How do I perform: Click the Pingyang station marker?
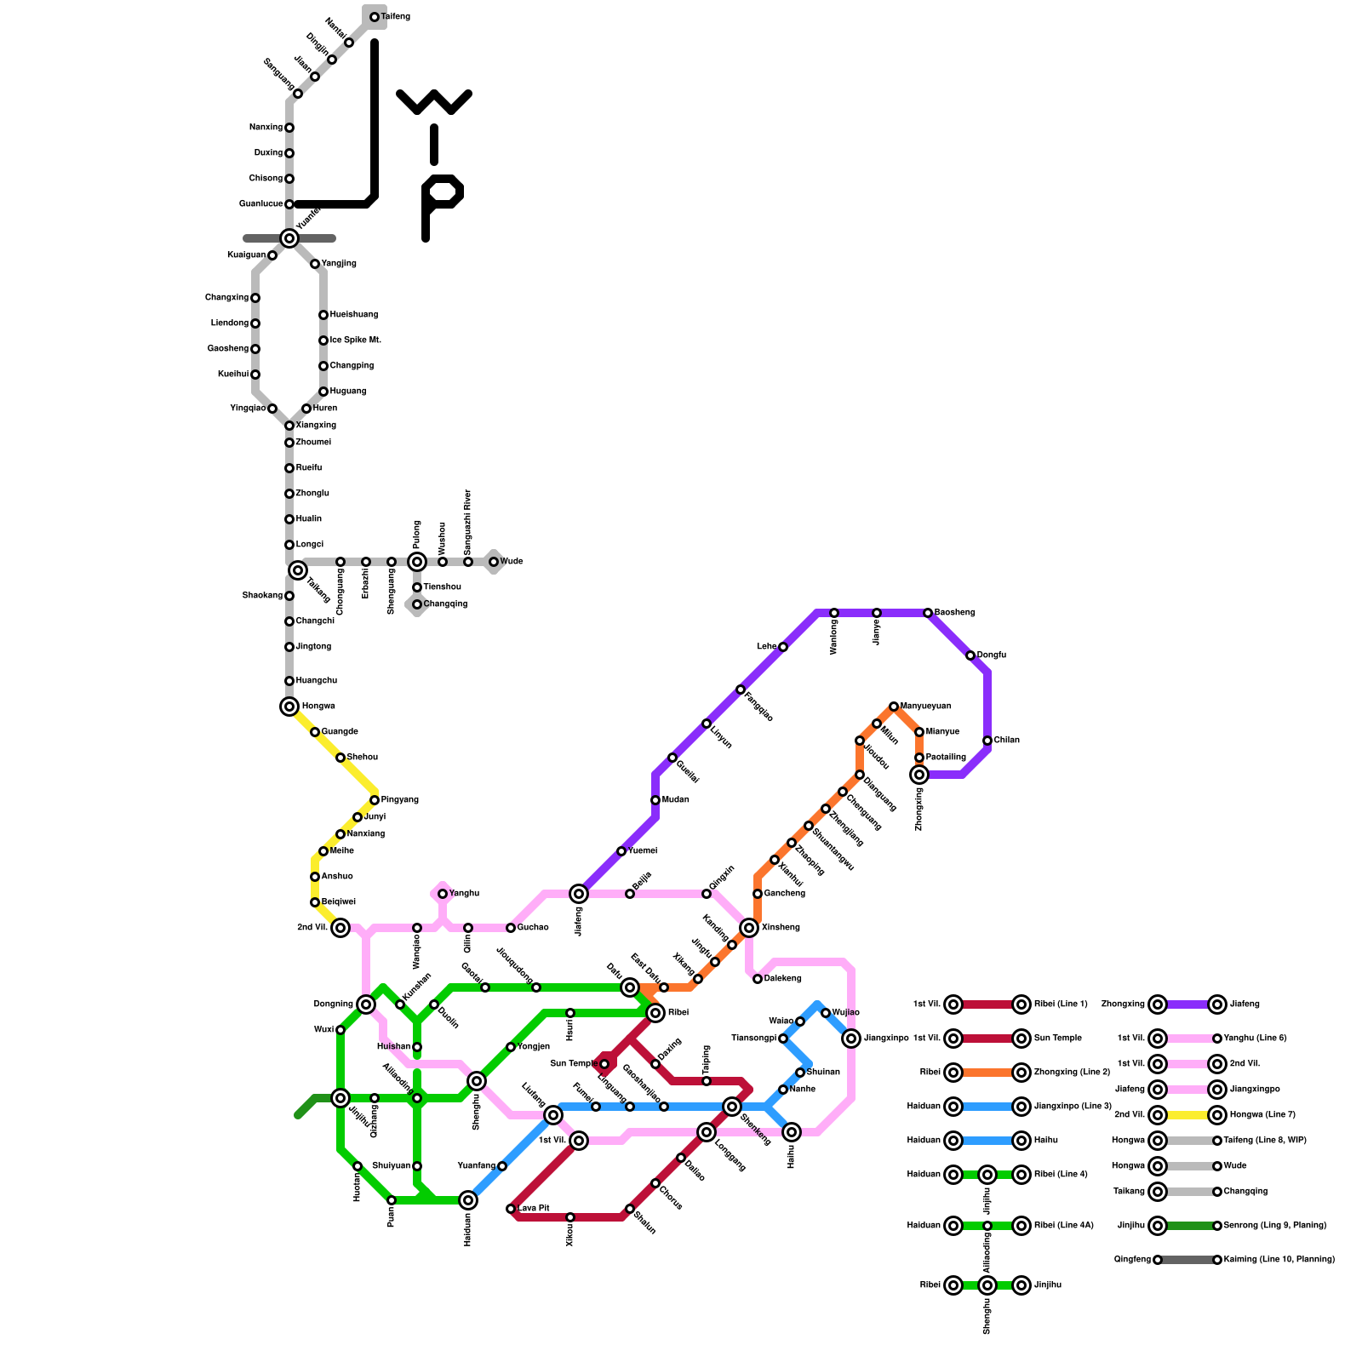[x=375, y=800]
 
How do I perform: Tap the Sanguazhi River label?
[x=467, y=523]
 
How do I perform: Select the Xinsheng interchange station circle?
[x=749, y=928]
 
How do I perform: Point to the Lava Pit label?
[x=534, y=1209]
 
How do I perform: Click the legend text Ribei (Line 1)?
[x=1061, y=1004]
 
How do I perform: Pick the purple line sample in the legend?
[x=1187, y=1004]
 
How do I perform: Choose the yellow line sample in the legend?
[x=1187, y=1115]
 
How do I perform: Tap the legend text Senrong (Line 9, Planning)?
[x=1274, y=1226]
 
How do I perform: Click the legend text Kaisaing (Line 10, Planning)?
[x=1279, y=1260]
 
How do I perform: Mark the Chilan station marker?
[x=987, y=741]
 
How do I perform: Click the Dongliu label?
[x=992, y=655]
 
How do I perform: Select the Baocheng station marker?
[x=928, y=613]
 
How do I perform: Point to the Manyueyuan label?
[x=926, y=707]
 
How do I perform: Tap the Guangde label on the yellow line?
[x=340, y=732]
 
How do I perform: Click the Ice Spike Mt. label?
[x=355, y=340]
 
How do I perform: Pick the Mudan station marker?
[x=655, y=800]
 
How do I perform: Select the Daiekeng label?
[x=782, y=979]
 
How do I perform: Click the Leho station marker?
[x=783, y=647]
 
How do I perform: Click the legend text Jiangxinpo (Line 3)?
[x=1073, y=1107]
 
